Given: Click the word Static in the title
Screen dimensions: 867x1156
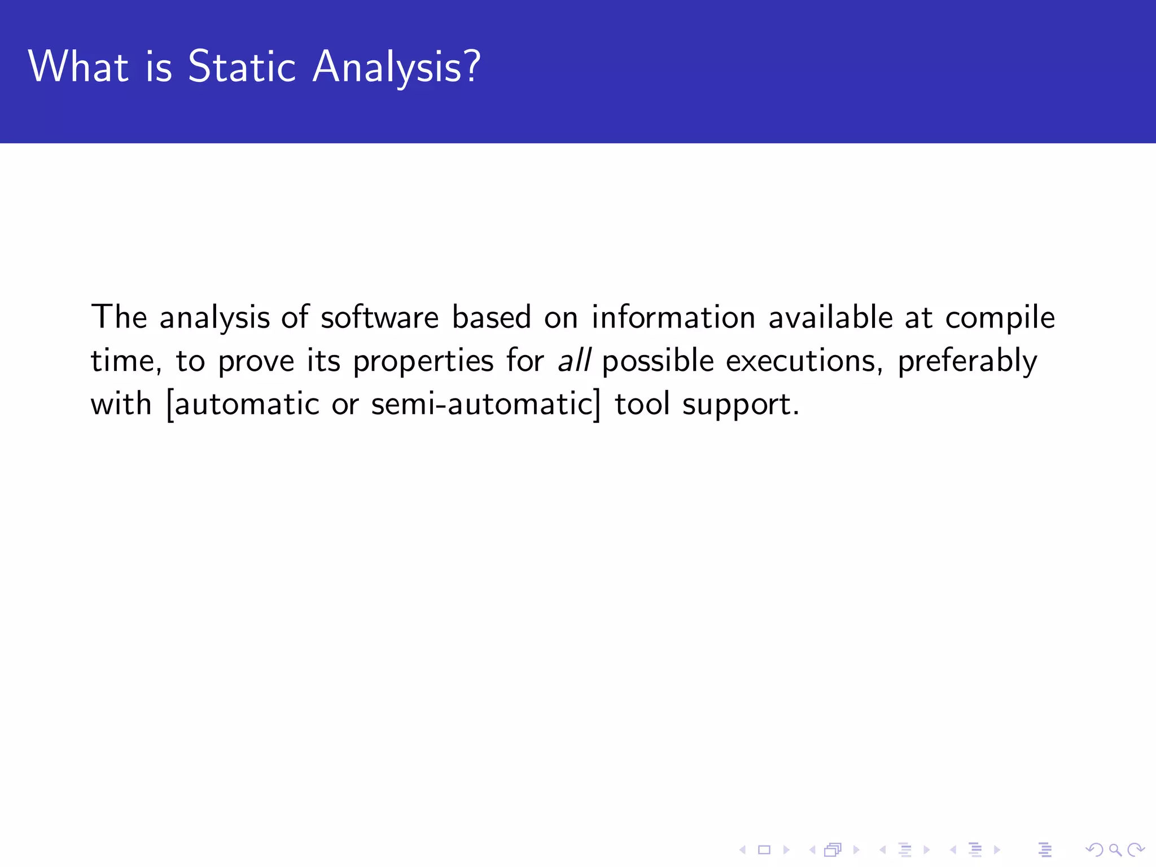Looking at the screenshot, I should point(242,67).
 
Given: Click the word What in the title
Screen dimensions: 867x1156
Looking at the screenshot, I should point(78,67).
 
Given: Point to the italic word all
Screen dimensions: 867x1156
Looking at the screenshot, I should point(574,360).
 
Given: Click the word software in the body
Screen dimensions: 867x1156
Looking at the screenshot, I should point(379,317).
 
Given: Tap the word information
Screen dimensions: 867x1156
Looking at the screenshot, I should point(673,317).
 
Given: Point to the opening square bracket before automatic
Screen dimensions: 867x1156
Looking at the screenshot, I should point(170,404).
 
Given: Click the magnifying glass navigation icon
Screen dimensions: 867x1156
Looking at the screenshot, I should point(1115,850).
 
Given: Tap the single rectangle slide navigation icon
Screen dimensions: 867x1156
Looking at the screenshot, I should point(764,850).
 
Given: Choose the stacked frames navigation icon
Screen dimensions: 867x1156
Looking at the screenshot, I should point(833,850).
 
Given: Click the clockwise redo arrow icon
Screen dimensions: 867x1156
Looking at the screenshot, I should point(1135,850).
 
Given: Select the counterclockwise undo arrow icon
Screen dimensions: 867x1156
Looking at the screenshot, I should point(1094,850).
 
